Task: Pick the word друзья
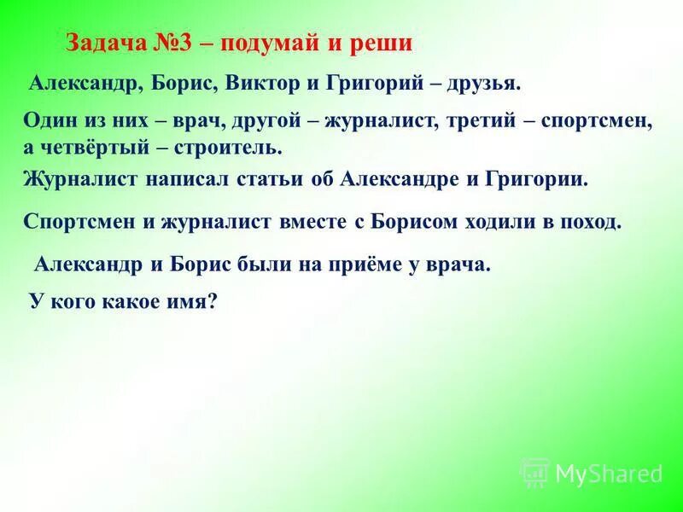pyautogui.click(x=479, y=84)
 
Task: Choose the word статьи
pyautogui.click(x=270, y=180)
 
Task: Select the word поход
pyautogui.click(x=591, y=222)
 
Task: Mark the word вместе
pyautogui.click(x=308, y=222)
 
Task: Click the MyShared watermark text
pyautogui.click(x=609, y=472)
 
